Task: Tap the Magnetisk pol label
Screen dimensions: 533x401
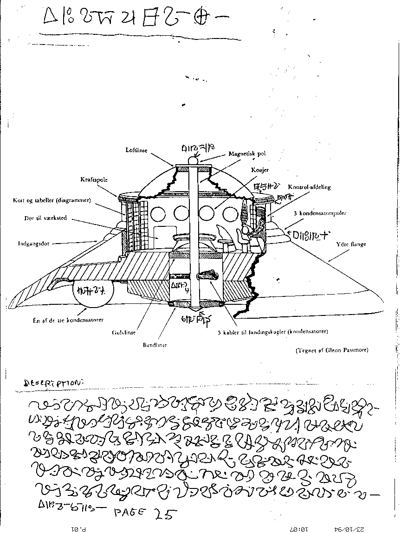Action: [247, 154]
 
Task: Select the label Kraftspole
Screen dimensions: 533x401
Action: [94, 179]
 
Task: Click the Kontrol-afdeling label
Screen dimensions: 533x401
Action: [309, 187]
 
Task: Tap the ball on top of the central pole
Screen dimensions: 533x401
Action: [193, 161]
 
